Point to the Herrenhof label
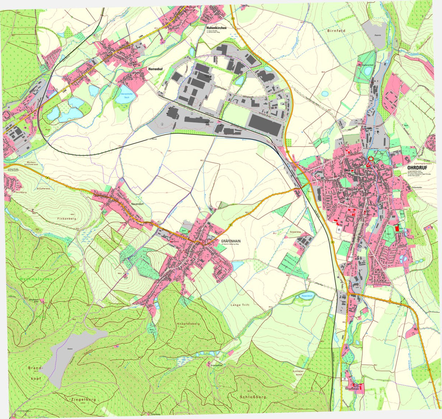point(155,69)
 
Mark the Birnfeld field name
point(336,31)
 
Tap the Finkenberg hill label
point(66,219)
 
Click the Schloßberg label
point(252,397)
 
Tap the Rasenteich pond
point(304,296)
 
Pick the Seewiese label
point(295,232)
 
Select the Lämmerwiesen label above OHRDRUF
point(422,163)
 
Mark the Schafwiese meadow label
point(43,189)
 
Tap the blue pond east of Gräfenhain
point(238,265)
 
